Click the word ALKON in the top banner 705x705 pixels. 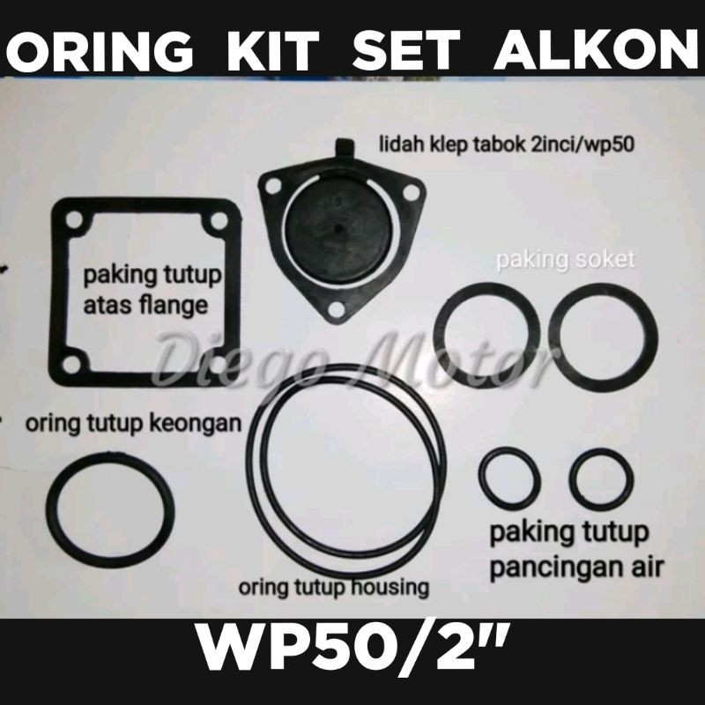(597, 49)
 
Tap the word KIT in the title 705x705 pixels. (273, 49)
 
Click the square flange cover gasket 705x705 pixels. (57, 293)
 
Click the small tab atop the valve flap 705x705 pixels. (344, 147)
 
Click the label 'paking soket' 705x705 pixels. (566, 260)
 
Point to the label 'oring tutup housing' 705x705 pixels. (334, 588)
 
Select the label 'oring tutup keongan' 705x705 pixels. (134, 424)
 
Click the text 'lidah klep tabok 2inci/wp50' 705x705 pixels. (506, 145)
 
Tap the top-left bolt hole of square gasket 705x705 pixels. (75, 219)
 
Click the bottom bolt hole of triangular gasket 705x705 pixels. (337, 310)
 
